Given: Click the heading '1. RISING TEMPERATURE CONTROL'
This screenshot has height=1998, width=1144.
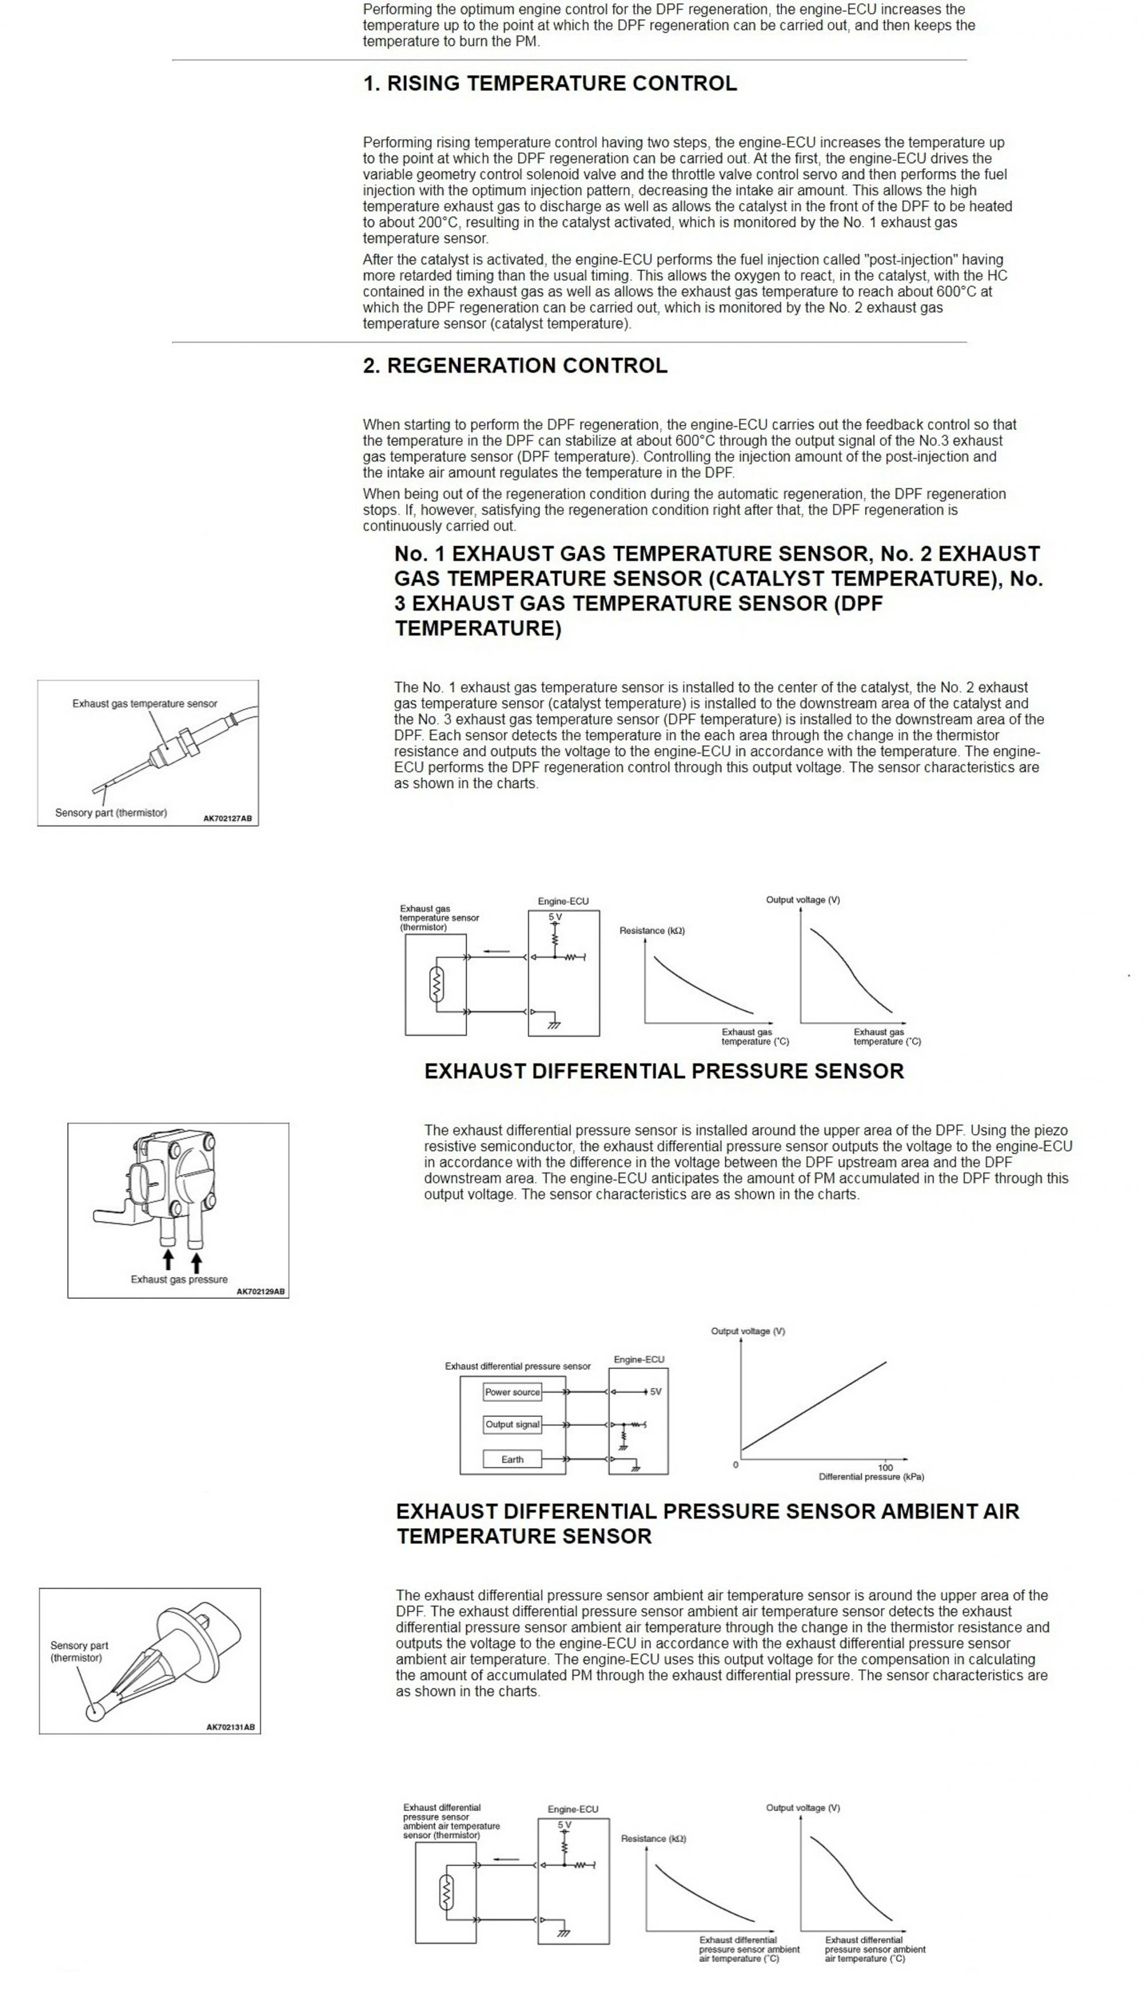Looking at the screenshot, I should [549, 84].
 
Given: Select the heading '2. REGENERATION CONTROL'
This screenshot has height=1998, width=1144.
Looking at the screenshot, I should [515, 366].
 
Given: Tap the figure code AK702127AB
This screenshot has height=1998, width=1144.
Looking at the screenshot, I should [227, 818].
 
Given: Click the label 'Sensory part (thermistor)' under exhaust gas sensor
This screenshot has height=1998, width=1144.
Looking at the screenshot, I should [111, 813].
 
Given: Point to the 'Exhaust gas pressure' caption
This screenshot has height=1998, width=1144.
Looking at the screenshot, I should [179, 1279].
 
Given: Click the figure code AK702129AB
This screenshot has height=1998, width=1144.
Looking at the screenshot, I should [260, 1291].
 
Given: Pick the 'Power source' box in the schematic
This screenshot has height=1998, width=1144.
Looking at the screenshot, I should [512, 1392].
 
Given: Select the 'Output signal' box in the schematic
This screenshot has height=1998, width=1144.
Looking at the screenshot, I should [512, 1424].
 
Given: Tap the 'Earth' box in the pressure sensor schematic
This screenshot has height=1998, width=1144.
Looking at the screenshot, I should [512, 1460].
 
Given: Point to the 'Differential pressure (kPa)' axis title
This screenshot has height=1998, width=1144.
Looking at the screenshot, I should [871, 1477].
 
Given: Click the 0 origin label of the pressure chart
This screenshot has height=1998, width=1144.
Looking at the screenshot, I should [736, 1465].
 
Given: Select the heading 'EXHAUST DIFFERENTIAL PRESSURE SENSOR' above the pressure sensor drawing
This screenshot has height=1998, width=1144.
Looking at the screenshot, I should [664, 1071].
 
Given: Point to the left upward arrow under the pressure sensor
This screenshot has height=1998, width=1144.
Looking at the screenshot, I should [167, 1260].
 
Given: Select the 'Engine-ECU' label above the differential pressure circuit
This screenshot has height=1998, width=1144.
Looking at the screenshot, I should [639, 1359].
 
